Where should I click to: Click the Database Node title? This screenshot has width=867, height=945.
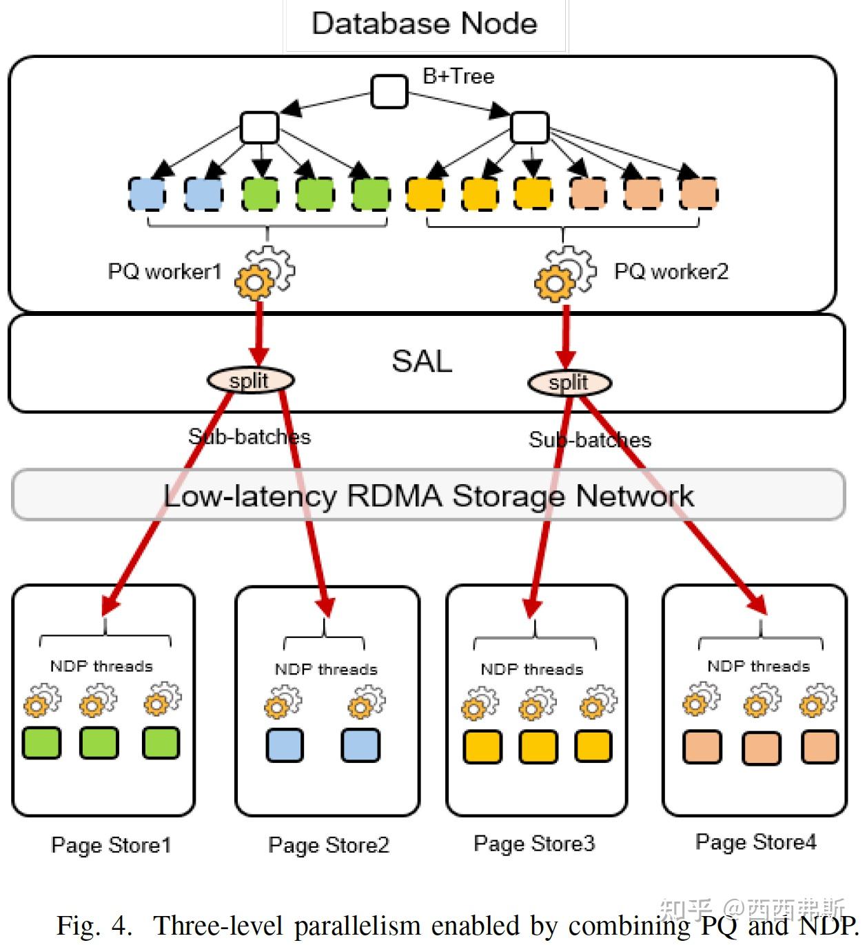(424, 23)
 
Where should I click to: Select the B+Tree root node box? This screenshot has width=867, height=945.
(389, 92)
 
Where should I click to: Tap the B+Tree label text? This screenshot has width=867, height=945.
(458, 76)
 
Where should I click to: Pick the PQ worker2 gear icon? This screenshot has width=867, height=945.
(564, 275)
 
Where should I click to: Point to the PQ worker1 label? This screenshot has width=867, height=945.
(164, 271)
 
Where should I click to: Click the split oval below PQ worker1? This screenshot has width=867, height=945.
(250, 380)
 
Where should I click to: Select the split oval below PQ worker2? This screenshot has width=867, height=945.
(569, 383)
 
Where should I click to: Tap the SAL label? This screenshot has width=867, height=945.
(422, 361)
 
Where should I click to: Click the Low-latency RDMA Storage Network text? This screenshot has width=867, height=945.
(428, 495)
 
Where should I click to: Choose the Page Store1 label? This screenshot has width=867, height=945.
(111, 845)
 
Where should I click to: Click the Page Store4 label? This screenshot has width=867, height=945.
(755, 842)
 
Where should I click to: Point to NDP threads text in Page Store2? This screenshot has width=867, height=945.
(326, 669)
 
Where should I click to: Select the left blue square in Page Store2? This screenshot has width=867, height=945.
(285, 745)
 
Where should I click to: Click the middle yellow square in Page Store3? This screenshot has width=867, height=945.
(538, 747)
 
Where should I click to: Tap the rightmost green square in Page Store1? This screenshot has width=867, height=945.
(161, 743)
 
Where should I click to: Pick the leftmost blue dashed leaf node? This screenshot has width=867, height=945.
(147, 194)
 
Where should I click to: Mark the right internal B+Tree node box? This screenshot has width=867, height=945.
(529, 128)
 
